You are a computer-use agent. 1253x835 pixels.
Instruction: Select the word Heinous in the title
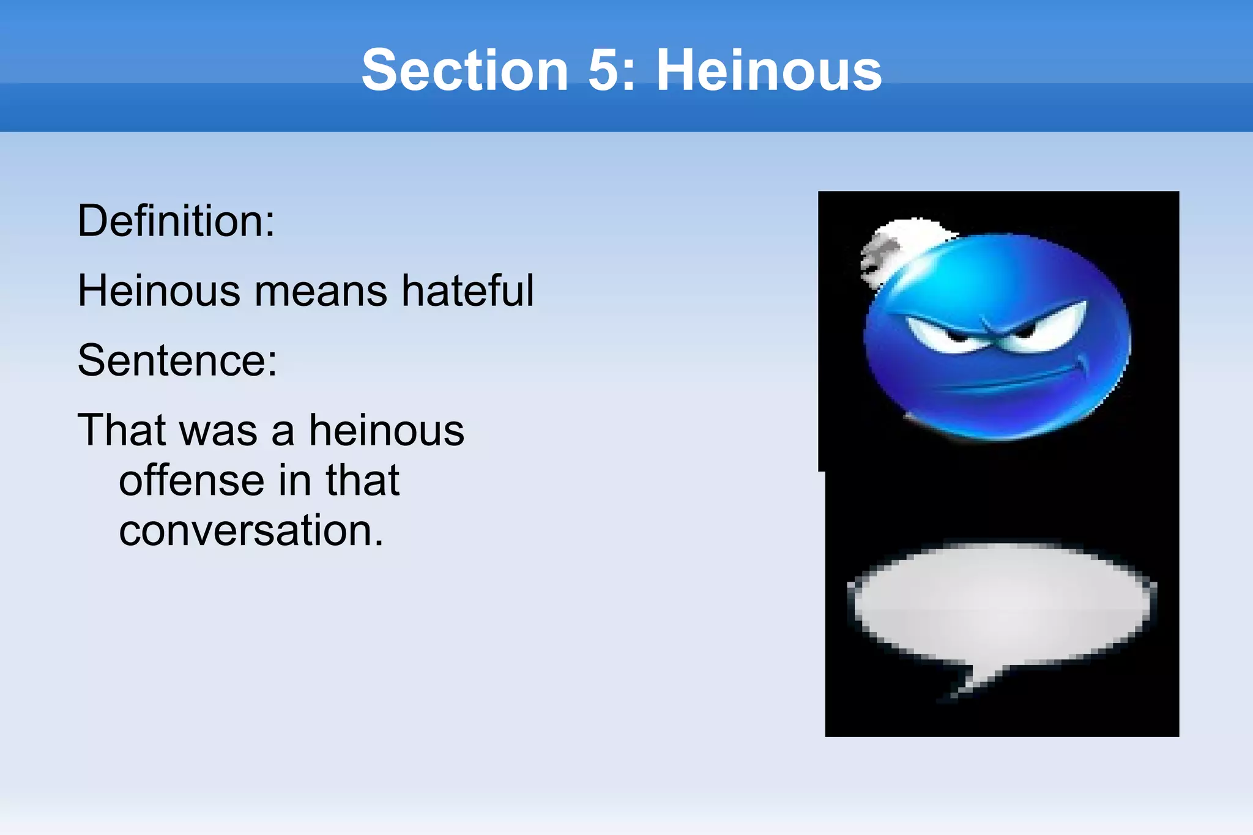pyautogui.click(x=768, y=70)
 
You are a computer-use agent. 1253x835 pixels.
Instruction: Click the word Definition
pyautogui.click(x=176, y=221)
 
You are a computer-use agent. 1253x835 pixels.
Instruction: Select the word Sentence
pyautogui.click(x=177, y=360)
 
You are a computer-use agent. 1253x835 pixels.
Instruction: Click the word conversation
pyautogui.click(x=251, y=530)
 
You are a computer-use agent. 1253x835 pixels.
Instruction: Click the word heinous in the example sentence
pyautogui.click(x=387, y=430)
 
